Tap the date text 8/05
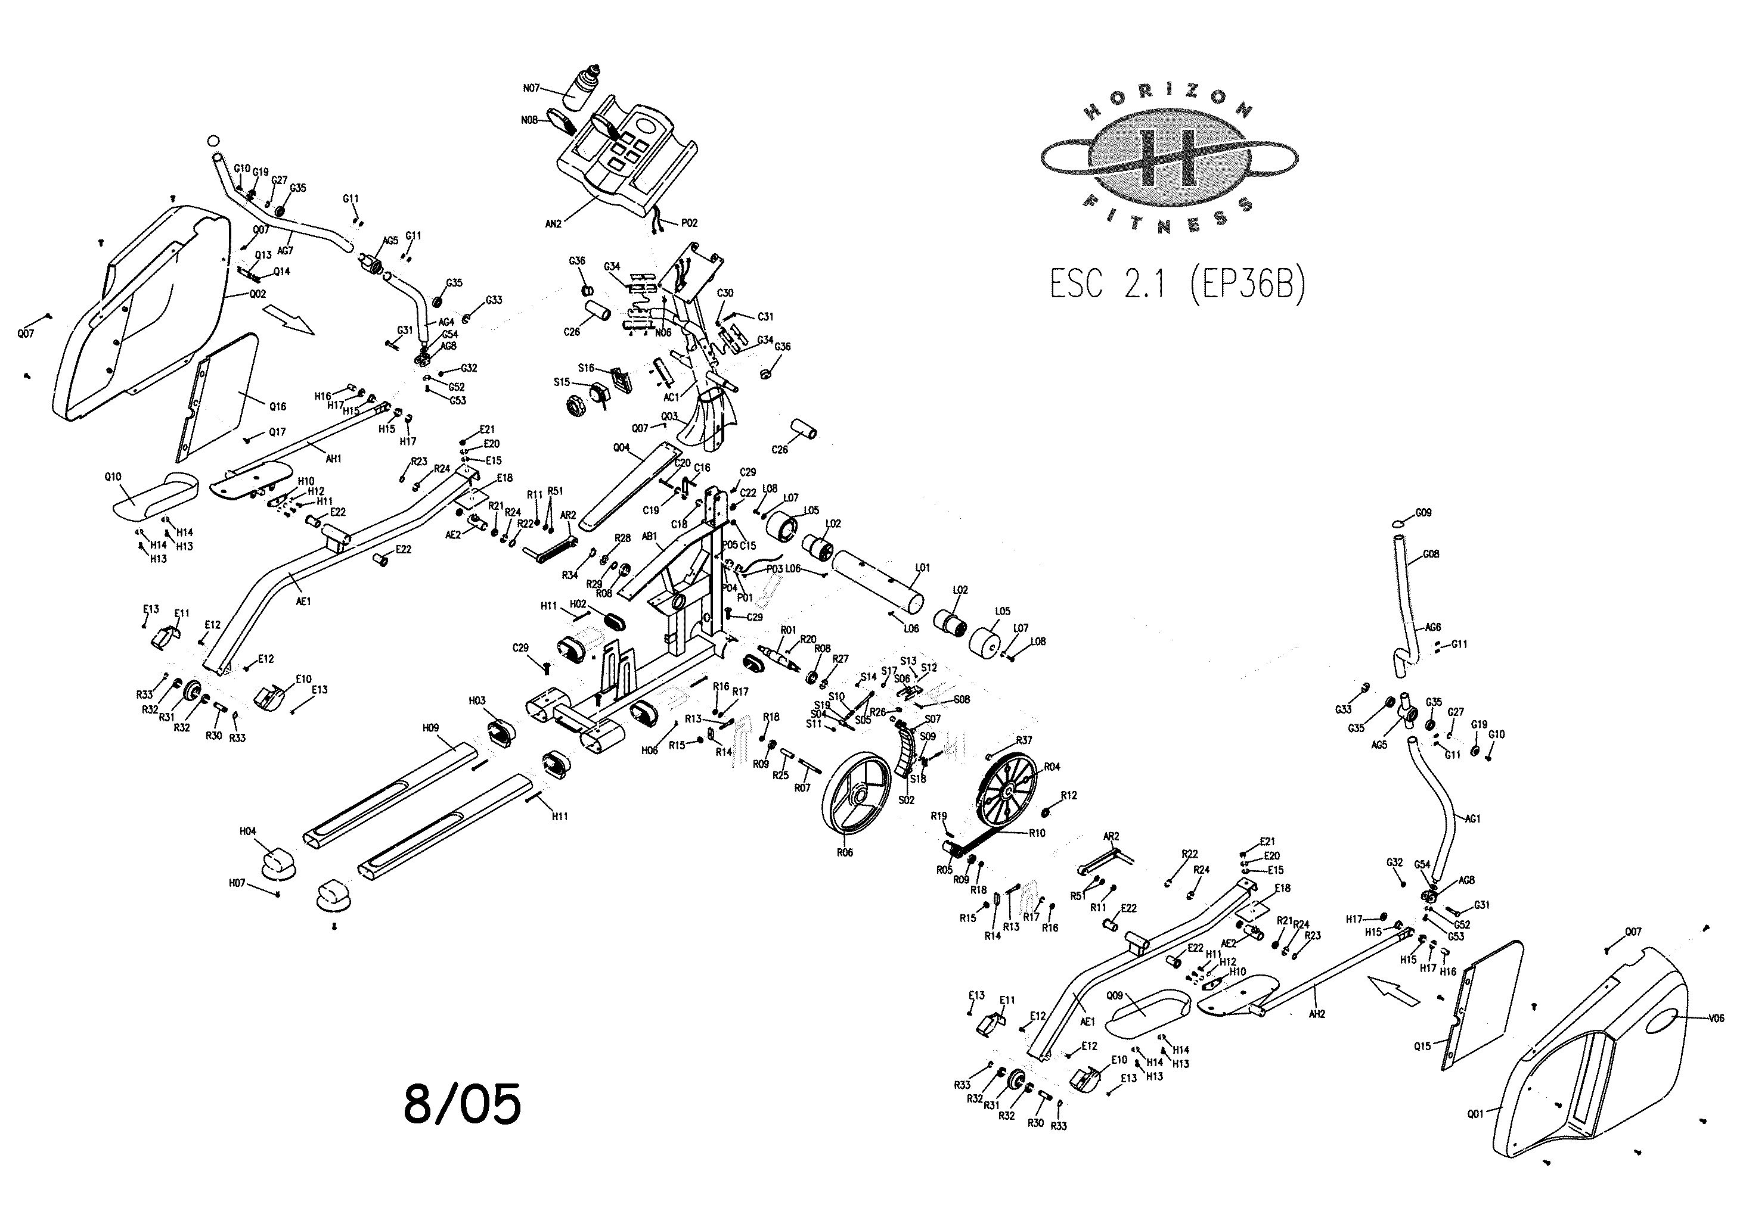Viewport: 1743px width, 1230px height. [x=463, y=1104]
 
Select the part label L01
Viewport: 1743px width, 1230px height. [x=922, y=568]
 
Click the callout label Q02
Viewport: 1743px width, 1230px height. [x=258, y=294]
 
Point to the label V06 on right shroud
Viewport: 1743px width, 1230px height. [x=1716, y=1019]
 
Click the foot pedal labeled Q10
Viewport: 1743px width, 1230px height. [x=156, y=494]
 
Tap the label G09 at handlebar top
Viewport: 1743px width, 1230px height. [x=1423, y=513]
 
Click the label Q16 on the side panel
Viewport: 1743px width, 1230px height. [x=278, y=407]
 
